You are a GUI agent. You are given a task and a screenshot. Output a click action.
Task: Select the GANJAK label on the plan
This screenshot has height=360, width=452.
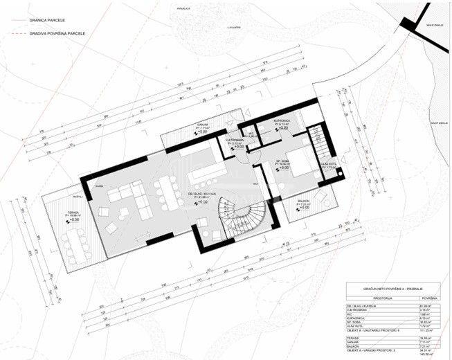pyautogui.click(x=203, y=126)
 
